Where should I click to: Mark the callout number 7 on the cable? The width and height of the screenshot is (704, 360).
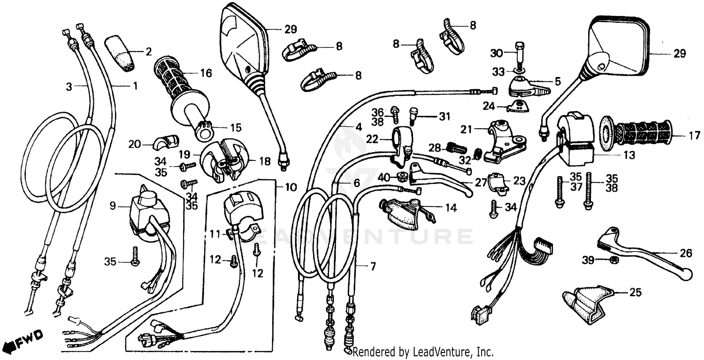coord(373,267)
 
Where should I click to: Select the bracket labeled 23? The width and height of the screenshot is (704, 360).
coord(498,184)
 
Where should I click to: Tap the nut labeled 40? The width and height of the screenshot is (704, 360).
coord(402,177)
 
